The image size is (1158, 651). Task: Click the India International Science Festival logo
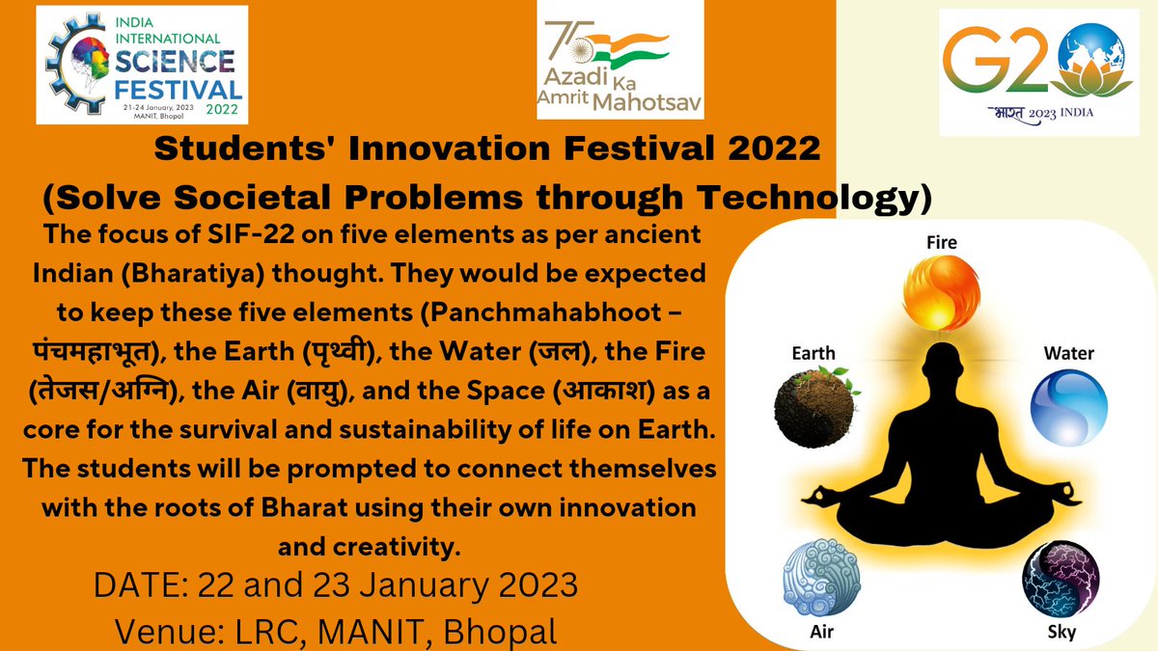click(x=141, y=64)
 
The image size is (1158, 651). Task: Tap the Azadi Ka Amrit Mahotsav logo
click(x=620, y=66)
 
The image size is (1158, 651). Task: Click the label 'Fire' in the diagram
click(x=941, y=242)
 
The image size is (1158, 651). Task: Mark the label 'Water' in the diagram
click(x=1068, y=353)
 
